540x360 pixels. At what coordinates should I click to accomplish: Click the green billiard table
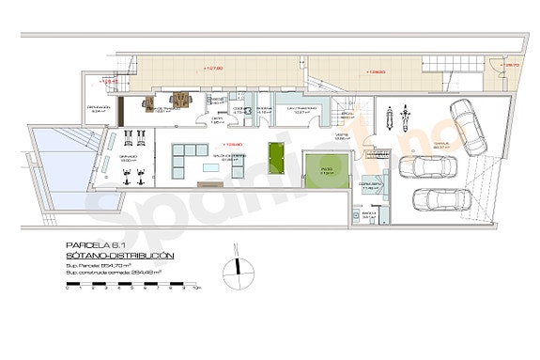click(x=275, y=153)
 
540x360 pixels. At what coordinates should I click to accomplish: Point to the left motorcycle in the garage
click(x=386, y=118)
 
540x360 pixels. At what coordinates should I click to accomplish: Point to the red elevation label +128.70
click(x=511, y=65)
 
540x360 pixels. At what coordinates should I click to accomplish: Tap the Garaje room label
click(x=440, y=145)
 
